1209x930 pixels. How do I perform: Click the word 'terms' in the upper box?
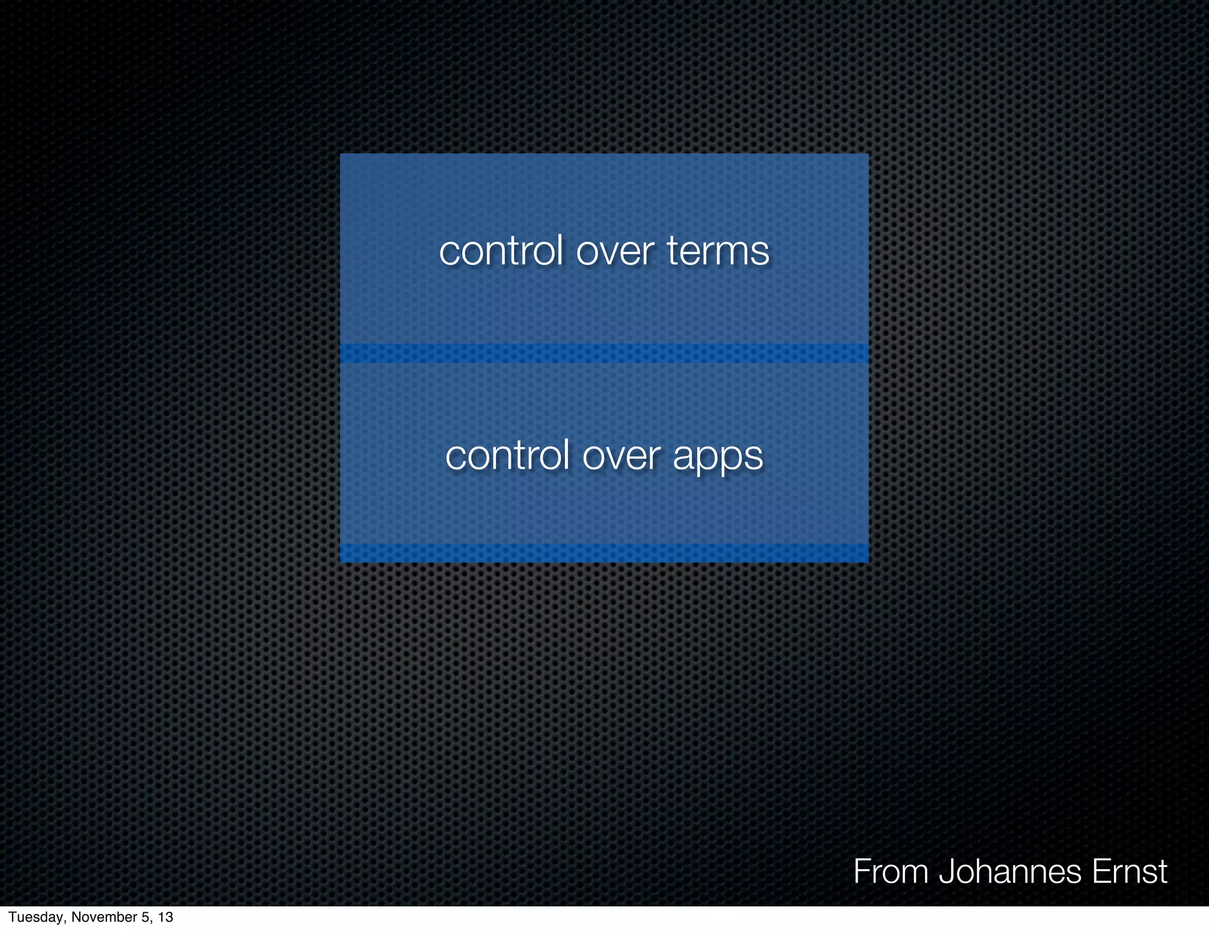click(x=718, y=251)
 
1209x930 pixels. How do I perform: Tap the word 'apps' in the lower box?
click(x=718, y=456)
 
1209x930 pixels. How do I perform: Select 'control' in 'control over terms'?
click(x=501, y=251)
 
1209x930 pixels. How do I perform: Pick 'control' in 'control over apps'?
click(x=507, y=456)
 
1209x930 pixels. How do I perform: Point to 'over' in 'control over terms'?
click(x=615, y=252)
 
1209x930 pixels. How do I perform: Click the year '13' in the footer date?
click(x=165, y=917)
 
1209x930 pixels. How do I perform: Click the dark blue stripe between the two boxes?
click(x=604, y=353)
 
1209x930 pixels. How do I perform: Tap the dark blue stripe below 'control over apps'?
click(x=604, y=553)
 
